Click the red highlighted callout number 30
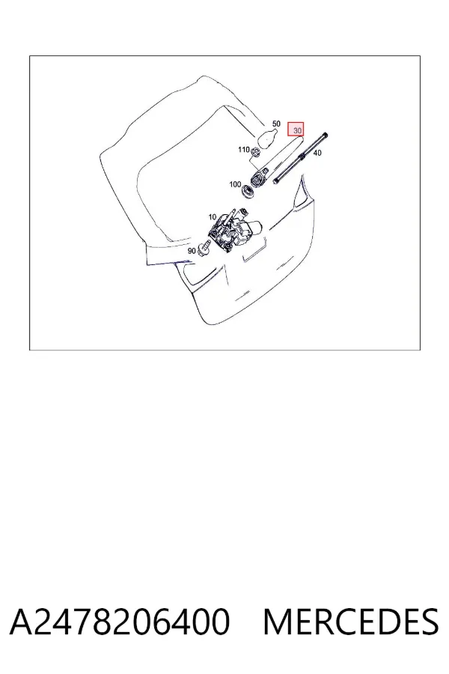pos(296,129)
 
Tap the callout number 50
pos(276,124)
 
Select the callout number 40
pos(317,153)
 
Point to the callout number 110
pos(244,150)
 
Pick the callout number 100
pos(235,184)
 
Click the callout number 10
pos(213,217)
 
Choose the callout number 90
pos(192,251)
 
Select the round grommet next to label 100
pos(248,191)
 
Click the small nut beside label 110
pos(254,151)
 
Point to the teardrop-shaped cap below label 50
pos(267,137)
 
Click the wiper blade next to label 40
pos(301,158)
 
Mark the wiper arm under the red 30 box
pos(277,160)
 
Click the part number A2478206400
pos(120,622)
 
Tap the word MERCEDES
pos(351,622)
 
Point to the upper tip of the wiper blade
pos(326,135)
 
